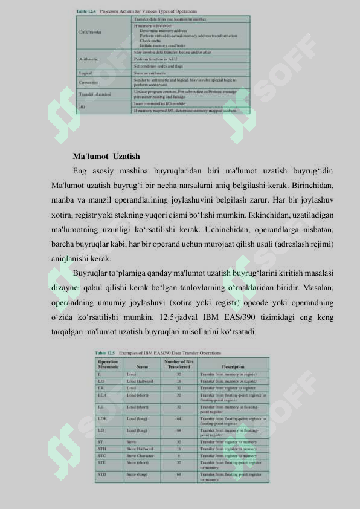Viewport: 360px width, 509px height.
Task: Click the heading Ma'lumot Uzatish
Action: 106,157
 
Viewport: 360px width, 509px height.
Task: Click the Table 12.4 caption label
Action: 86,11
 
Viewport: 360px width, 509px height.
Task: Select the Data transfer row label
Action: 91,32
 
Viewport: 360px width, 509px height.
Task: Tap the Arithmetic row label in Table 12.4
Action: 88,59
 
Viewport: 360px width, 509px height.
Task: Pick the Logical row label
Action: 85,73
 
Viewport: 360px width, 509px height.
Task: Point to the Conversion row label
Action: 89,82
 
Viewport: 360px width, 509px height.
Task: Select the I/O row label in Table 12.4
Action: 82,107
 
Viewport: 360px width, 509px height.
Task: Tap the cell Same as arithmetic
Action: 150,73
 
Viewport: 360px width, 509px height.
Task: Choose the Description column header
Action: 233,366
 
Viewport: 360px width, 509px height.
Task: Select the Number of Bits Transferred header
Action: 179,364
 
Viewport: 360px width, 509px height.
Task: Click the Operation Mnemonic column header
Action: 108,364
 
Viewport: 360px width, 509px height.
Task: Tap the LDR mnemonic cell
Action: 103,418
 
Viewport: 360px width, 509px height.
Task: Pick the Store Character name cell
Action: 140,455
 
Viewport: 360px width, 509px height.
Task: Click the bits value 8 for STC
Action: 179,455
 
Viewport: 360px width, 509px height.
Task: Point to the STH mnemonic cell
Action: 102,449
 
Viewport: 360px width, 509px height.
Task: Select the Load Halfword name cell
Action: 140,381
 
